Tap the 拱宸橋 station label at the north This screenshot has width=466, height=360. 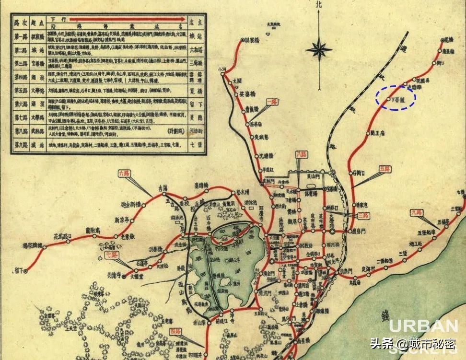[x=257, y=40]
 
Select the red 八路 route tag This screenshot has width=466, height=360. [x=301, y=154]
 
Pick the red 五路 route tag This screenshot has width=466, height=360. [x=385, y=169]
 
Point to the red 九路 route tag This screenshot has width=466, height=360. [x=416, y=211]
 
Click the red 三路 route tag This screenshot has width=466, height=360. [x=365, y=216]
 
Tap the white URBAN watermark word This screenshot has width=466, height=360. [x=423, y=326]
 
